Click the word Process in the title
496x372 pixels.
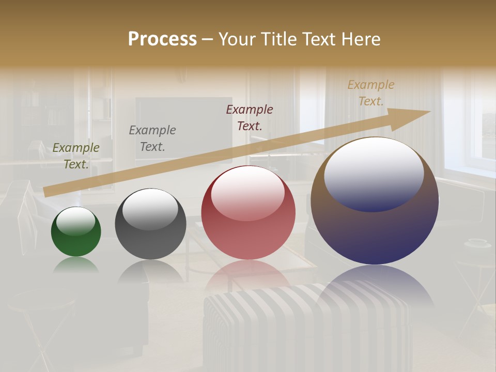162,39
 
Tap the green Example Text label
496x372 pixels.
76,156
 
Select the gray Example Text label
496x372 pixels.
152,138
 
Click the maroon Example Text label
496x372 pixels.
250,117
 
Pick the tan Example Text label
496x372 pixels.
371,93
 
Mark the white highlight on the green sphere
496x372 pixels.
76,221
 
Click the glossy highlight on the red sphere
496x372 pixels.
247,193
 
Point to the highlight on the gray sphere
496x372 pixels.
150,209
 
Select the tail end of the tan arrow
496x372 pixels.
48,192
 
